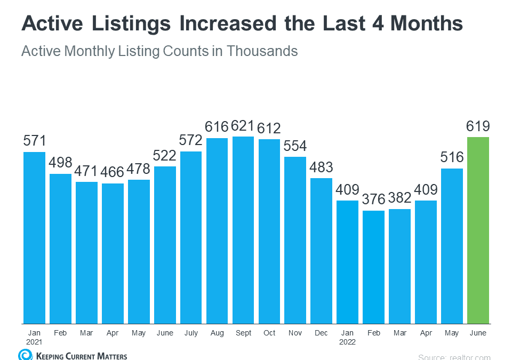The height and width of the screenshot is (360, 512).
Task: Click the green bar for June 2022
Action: click(x=478, y=230)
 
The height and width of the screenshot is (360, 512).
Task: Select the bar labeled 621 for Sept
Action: click(x=243, y=230)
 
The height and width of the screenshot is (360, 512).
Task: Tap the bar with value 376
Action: click(x=373, y=267)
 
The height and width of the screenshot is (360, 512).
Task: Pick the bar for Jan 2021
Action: click(x=34, y=237)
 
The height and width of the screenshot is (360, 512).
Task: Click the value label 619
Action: click(x=478, y=127)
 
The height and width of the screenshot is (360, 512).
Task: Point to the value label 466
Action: click(x=113, y=173)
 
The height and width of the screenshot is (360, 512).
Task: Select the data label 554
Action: click(x=295, y=146)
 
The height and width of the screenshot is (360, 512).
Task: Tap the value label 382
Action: click(x=399, y=198)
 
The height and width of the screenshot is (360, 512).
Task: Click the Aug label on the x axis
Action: click(x=217, y=333)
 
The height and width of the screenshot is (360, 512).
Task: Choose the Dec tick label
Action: click(x=322, y=333)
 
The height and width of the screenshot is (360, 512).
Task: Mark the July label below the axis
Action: click(x=191, y=333)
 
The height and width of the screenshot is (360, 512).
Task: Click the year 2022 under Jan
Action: click(x=347, y=342)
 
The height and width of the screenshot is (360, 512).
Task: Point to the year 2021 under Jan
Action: click(x=34, y=342)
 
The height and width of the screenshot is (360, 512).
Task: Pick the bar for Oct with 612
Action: click(x=269, y=231)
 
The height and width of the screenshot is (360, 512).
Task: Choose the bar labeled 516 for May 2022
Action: click(x=452, y=246)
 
